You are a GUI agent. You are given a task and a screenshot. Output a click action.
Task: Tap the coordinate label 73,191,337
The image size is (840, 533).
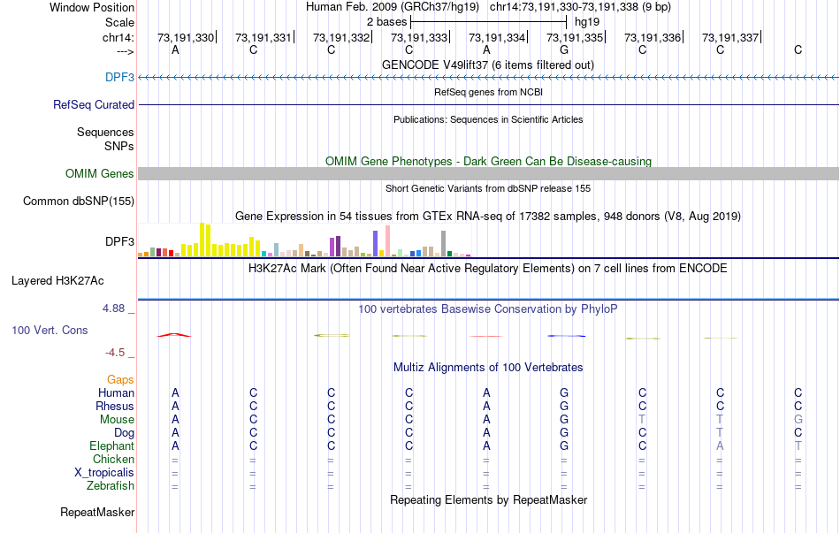pyautogui.click(x=729, y=37)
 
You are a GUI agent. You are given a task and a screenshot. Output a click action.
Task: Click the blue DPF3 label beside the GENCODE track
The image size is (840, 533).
pyautogui.click(x=119, y=77)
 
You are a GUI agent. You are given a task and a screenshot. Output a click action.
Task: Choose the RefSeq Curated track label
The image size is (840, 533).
pyautogui.click(x=94, y=104)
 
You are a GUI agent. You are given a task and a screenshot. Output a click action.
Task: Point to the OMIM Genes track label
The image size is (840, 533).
pyautogui.click(x=100, y=173)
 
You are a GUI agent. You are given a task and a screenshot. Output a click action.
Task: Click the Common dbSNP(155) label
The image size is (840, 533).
pyautogui.click(x=79, y=201)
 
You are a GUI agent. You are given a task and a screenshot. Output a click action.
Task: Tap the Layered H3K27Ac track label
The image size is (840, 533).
pyautogui.click(x=57, y=281)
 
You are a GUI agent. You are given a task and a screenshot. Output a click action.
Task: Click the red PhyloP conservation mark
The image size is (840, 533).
pyautogui.click(x=174, y=335)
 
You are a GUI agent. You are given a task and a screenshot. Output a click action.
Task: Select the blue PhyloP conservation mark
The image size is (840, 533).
pyautogui.click(x=566, y=336)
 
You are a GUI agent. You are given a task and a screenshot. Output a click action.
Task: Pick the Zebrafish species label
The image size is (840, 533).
pyautogui.click(x=111, y=485)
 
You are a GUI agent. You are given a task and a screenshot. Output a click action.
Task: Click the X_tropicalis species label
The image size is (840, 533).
pyautogui.click(x=104, y=472)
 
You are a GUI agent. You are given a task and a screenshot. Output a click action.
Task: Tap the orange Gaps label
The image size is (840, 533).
pyautogui.click(x=121, y=379)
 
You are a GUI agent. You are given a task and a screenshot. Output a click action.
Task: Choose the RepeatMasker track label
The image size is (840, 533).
pyautogui.click(x=97, y=512)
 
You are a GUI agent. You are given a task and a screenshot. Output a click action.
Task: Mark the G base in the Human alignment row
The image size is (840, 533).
pyautogui.click(x=564, y=392)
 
